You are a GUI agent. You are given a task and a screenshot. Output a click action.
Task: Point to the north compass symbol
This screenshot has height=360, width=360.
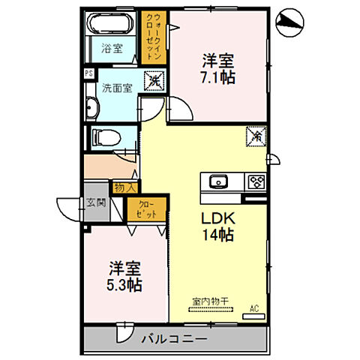click(289, 22)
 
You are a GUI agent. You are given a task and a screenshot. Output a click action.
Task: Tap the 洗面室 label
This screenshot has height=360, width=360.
click(117, 87)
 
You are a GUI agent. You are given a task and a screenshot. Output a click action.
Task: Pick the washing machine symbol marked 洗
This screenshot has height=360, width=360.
click(154, 80)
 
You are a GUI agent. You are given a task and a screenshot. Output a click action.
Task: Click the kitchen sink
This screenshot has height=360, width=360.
click(219, 181)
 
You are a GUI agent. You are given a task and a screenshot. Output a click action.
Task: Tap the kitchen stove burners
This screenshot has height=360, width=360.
click(256, 181)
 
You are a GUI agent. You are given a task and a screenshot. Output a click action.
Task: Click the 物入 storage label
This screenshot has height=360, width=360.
click(124, 188)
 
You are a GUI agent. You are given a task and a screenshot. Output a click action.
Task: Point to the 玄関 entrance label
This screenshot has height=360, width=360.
click(96, 202)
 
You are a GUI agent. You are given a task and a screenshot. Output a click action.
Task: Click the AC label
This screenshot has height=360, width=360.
click(253, 307)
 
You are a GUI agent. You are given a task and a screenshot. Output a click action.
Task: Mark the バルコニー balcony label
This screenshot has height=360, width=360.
click(174, 338)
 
